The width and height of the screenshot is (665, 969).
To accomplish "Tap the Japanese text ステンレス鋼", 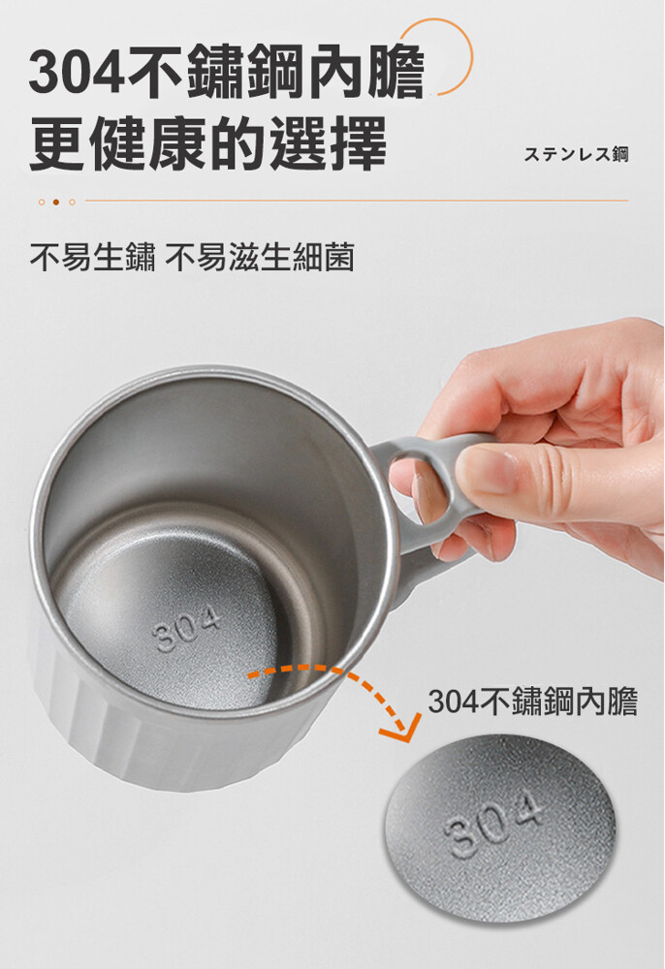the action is [576, 154].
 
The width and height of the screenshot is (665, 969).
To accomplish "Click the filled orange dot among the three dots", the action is [56, 202].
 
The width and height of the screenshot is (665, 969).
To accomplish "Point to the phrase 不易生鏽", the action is [92, 257].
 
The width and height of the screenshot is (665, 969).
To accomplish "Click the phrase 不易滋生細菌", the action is [260, 257].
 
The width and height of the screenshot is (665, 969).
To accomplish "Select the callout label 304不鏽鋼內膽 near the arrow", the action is [532, 703].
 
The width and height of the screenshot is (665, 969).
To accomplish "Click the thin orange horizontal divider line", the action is [357, 201].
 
